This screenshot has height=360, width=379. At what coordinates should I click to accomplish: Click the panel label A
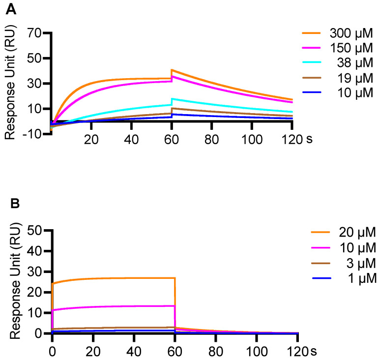pos(9,9)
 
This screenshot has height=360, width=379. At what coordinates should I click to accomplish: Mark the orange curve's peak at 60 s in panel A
pos(172,70)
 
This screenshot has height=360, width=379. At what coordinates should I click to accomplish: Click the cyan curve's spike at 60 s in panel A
pos(172,99)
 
